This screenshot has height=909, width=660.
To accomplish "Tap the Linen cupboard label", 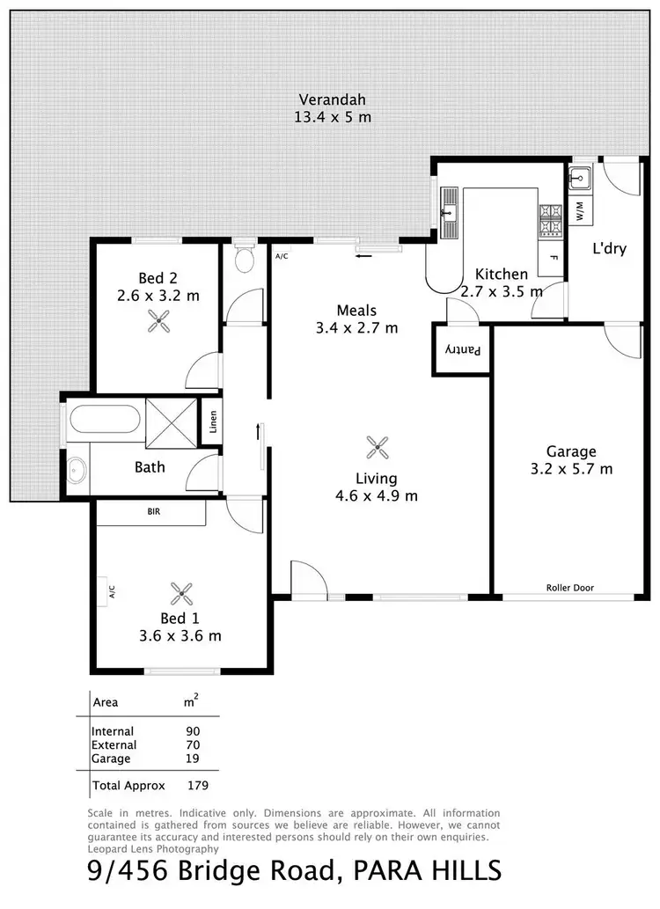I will [x=212, y=423].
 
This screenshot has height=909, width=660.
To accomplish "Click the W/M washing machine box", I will [x=580, y=211].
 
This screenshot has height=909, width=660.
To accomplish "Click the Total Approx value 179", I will [x=196, y=785].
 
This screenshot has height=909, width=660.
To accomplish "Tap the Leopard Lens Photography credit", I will [x=153, y=849].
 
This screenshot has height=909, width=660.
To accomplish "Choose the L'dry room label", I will [x=609, y=249].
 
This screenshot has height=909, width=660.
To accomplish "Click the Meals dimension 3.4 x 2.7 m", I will [x=356, y=328].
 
